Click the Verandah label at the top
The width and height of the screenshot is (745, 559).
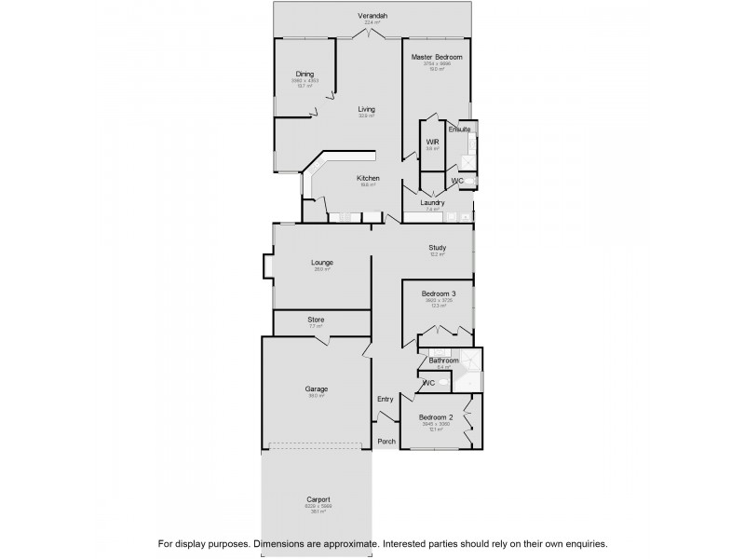(372, 17)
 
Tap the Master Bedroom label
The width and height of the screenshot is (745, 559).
(437, 57)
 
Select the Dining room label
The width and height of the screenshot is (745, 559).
(305, 74)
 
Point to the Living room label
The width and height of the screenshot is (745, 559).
(367, 109)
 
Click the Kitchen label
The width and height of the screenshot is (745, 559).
(368, 178)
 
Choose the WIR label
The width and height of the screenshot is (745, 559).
(432, 142)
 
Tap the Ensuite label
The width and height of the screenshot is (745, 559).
(459, 130)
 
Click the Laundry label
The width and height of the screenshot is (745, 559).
(432, 202)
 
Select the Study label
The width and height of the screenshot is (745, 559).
(437, 247)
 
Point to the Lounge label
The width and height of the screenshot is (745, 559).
(322, 262)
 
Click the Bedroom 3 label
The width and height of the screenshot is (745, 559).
(437, 293)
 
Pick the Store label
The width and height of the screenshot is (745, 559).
(317, 320)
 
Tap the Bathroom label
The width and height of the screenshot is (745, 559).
(443, 361)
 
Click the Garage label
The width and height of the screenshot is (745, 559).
(317, 389)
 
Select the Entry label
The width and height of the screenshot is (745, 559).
(386, 399)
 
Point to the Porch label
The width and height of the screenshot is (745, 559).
(386, 442)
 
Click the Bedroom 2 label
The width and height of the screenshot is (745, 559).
(435, 417)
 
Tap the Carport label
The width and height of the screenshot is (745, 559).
(318, 499)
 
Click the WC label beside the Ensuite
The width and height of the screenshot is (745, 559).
(457, 180)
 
